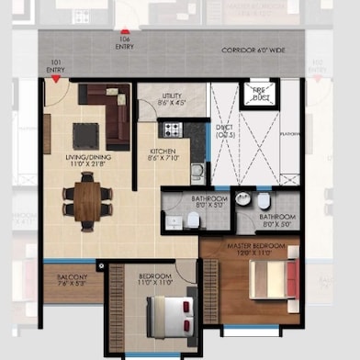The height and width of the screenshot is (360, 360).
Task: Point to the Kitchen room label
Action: [163, 154]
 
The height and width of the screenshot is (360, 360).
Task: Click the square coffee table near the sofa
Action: [85, 135]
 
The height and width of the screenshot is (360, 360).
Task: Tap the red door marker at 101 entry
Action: [56, 81]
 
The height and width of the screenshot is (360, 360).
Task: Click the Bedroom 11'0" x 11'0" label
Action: [154, 278]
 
